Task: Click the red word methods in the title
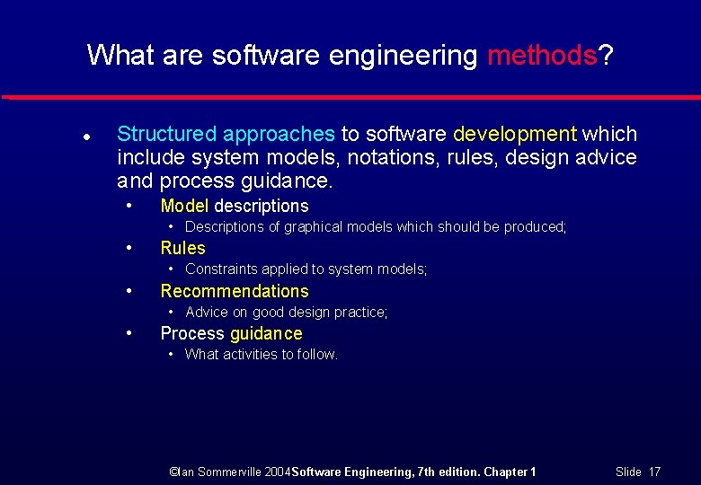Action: (x=542, y=56)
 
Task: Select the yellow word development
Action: (x=515, y=135)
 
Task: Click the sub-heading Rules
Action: (x=182, y=248)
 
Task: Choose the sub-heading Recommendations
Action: (x=234, y=291)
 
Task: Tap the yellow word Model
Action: (x=184, y=206)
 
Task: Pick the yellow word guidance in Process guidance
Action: (x=266, y=333)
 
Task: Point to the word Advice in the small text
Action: (x=207, y=313)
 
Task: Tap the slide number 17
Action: (x=653, y=472)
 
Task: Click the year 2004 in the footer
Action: (x=279, y=472)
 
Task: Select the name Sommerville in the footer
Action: (x=228, y=472)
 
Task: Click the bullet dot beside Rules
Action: (x=129, y=247)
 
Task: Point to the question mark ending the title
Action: (x=607, y=56)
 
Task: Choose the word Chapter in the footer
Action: (x=507, y=472)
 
